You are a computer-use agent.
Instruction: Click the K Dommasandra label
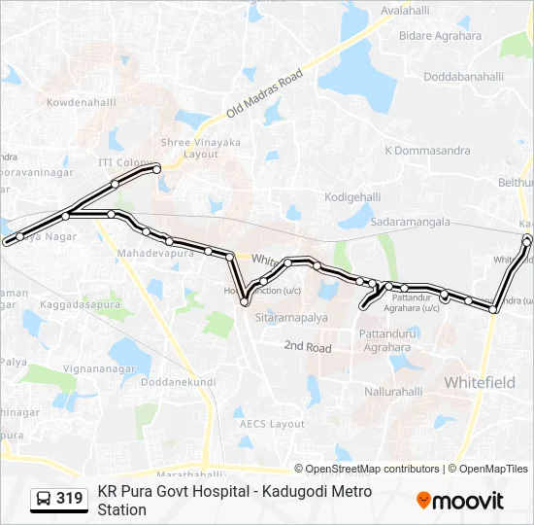427,151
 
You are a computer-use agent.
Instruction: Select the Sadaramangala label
411,222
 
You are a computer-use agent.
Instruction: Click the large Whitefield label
480,383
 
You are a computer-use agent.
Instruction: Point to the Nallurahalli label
393,392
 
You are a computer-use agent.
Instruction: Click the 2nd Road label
308,346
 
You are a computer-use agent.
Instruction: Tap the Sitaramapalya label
291,318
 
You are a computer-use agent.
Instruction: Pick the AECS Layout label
273,424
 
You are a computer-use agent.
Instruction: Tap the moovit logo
460,500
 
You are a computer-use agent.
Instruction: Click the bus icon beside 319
44,499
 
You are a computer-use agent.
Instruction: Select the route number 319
70,499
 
